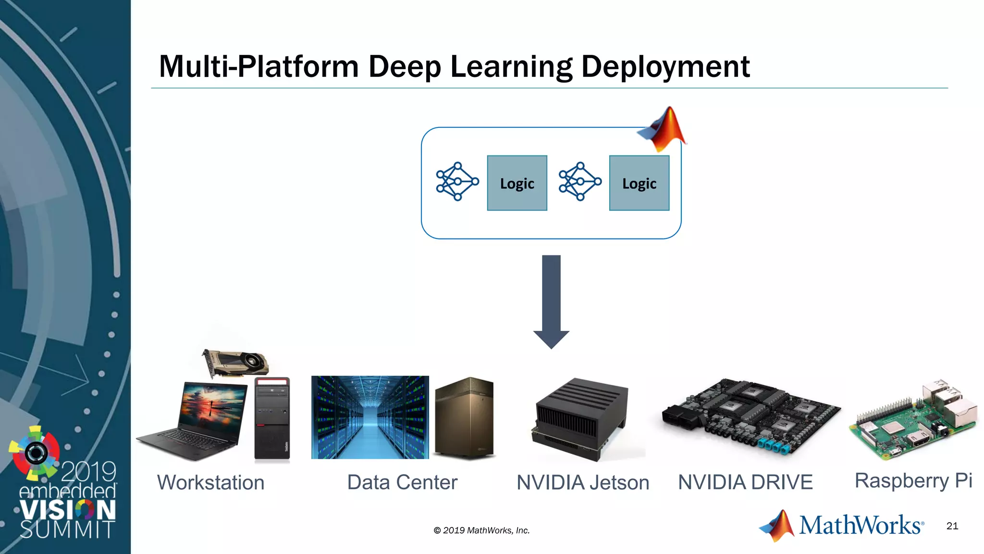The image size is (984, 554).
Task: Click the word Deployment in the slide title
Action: point(665,66)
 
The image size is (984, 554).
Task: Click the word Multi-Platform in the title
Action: point(259,66)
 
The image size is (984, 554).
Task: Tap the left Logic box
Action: point(517,183)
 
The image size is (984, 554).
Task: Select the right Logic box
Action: point(639,183)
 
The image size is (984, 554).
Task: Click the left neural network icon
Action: point(457,181)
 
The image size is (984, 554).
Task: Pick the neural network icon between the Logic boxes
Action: point(580,181)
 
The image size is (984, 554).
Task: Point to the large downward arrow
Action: point(551,302)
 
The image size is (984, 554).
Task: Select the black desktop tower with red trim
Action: point(272,418)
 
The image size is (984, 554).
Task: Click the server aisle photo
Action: point(370,417)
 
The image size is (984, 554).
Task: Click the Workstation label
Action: point(211,482)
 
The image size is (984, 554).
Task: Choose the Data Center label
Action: point(402,482)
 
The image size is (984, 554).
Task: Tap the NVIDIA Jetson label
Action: point(583,482)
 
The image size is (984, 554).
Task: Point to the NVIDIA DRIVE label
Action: point(745,482)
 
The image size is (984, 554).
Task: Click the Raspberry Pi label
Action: point(913,481)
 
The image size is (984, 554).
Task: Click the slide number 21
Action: point(952,526)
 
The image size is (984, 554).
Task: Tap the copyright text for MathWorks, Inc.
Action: point(481,530)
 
